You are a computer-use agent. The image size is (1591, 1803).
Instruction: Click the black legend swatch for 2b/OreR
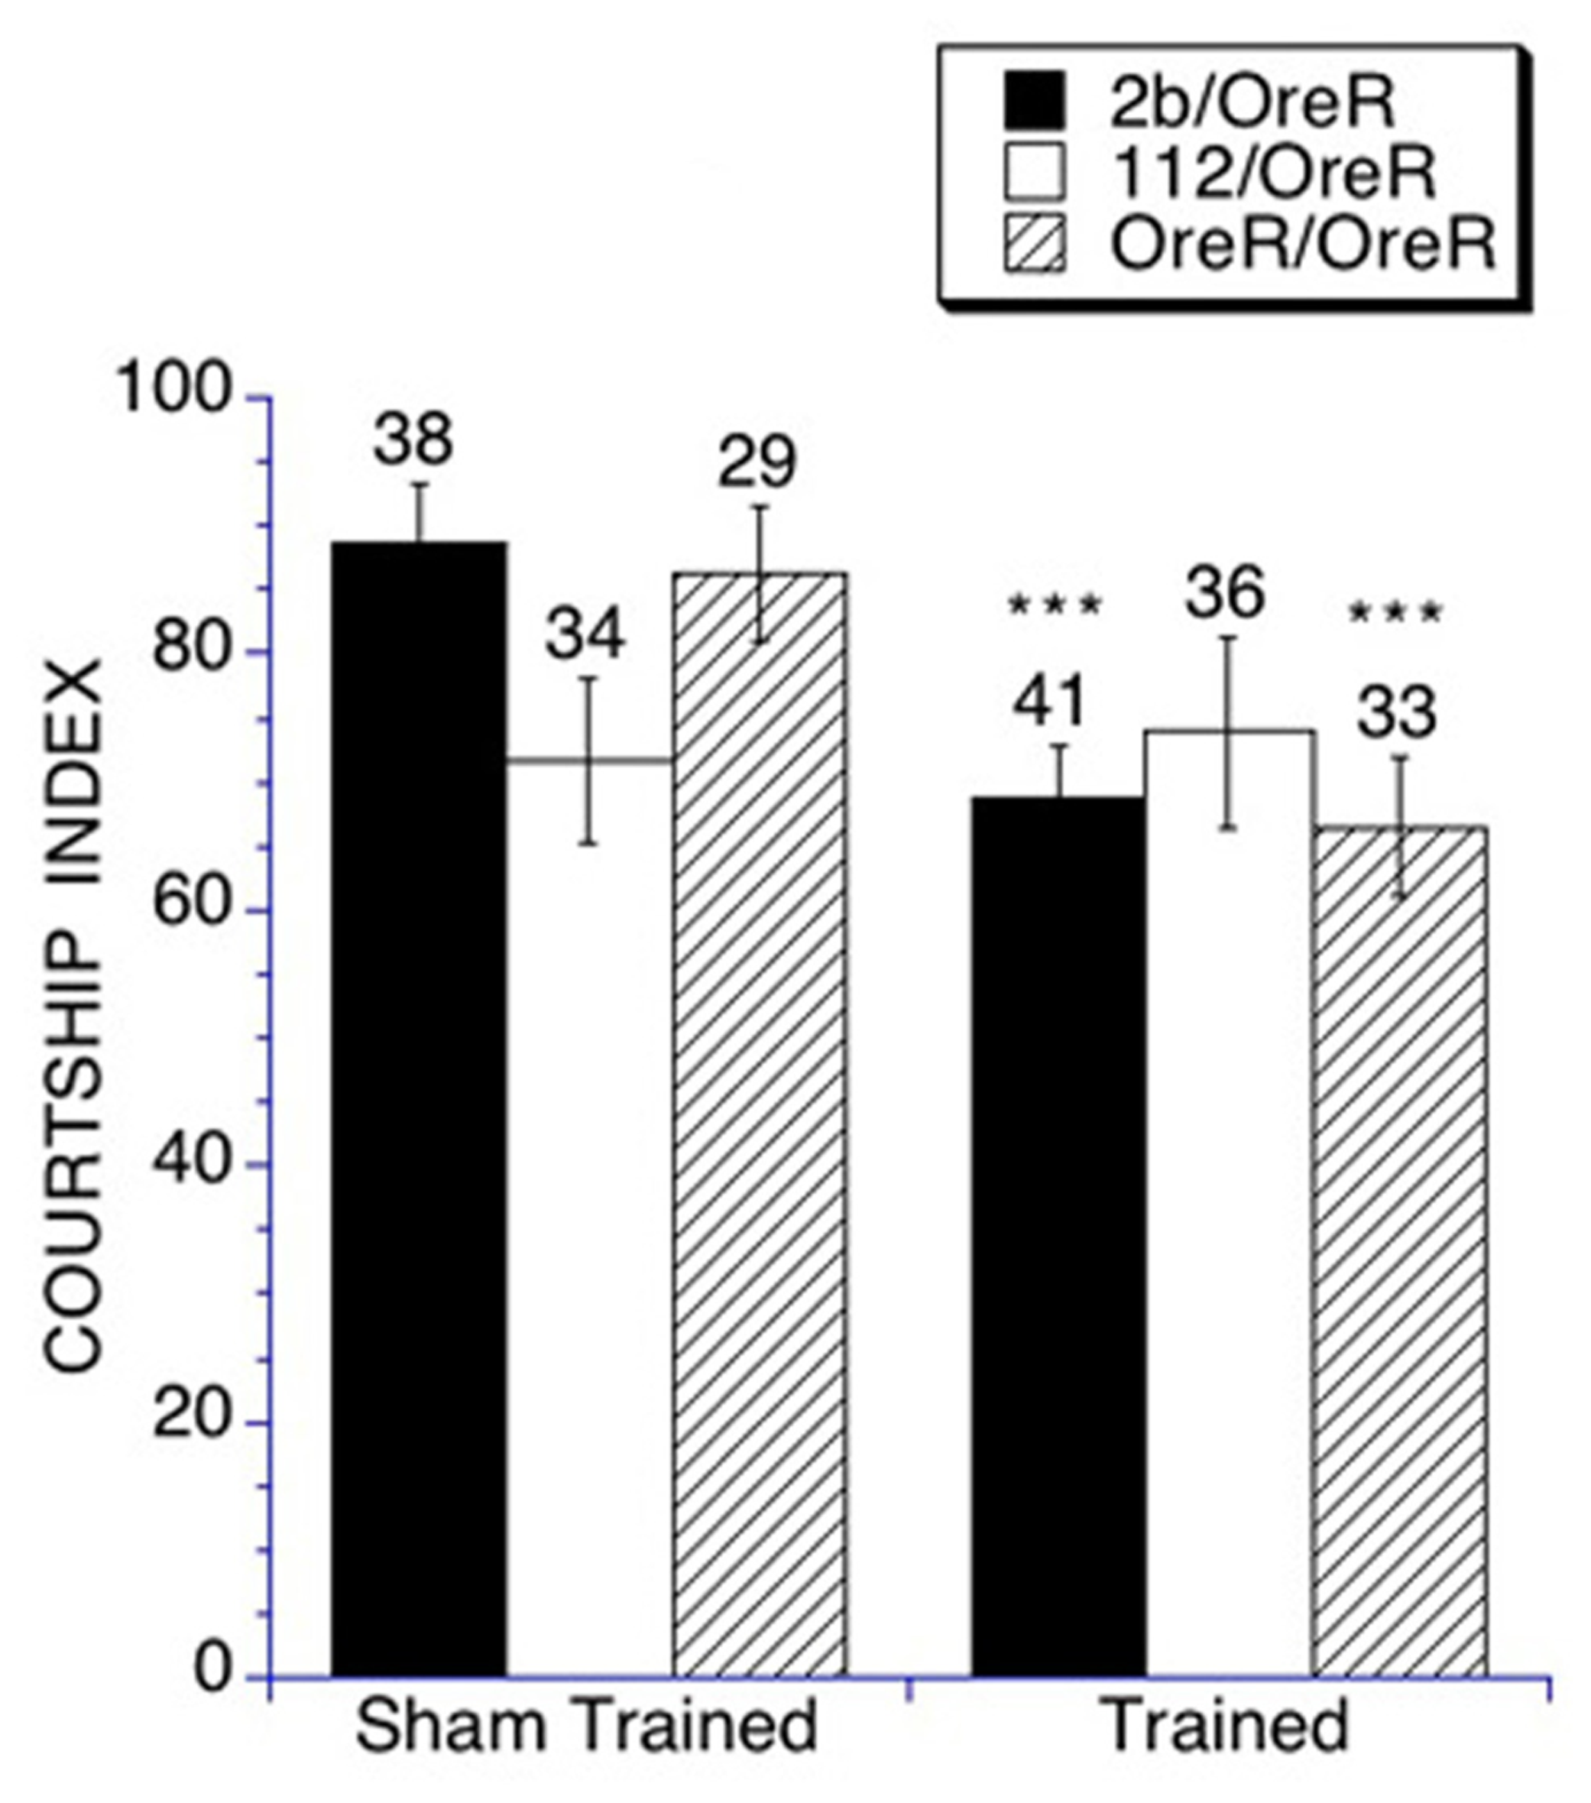click(1035, 99)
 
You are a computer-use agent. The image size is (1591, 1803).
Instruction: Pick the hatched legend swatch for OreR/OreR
click(1035, 244)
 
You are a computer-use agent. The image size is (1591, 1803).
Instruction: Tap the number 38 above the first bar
click(413, 439)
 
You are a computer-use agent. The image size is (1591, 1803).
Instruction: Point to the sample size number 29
click(757, 462)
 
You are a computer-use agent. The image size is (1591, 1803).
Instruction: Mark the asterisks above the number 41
click(1055, 605)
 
